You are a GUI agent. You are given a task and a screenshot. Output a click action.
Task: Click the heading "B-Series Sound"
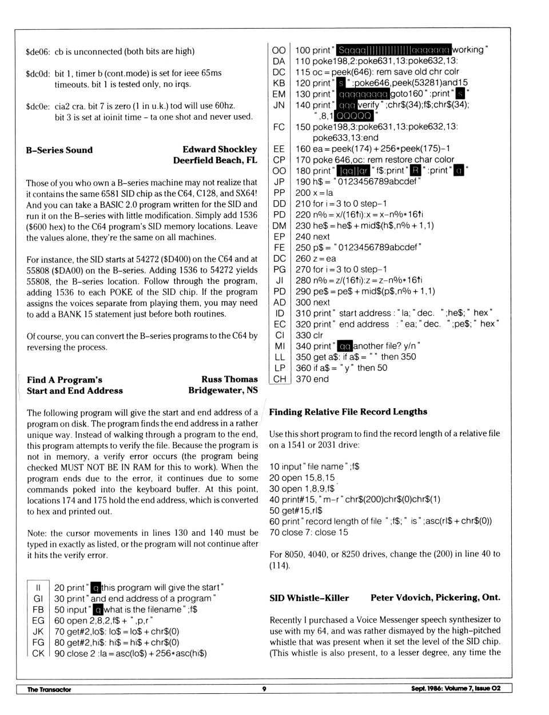[x=59, y=151]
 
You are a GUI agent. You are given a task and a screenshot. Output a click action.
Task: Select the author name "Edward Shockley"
[x=220, y=149]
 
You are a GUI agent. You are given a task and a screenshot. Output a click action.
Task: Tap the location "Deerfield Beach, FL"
[x=215, y=160]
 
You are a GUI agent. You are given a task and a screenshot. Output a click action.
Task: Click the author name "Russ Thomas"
[x=229, y=380]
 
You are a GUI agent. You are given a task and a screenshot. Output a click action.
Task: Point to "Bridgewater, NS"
[x=223, y=390]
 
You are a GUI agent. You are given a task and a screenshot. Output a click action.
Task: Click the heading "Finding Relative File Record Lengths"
[x=348, y=412]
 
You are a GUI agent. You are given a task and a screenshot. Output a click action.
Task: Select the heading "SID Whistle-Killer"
[x=309, y=598]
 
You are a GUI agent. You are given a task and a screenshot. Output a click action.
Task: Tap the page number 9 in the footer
[x=264, y=689]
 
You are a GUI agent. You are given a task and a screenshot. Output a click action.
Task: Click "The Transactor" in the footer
[x=49, y=689]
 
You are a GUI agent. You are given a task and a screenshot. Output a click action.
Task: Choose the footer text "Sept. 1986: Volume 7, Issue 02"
[x=455, y=689]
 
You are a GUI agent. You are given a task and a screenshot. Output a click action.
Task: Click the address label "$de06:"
[x=38, y=52]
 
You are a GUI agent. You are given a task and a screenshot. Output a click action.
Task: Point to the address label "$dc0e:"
[x=38, y=106]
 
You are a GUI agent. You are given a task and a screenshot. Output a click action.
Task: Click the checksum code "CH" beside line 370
[x=279, y=379]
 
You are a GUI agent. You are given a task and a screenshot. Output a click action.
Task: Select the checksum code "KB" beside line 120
[x=279, y=83]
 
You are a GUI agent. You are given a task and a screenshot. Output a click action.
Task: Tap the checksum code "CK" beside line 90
[x=38, y=653]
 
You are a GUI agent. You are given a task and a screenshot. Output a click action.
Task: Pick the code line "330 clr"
[x=309, y=335]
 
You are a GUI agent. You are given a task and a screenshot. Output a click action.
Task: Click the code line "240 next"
[x=312, y=236]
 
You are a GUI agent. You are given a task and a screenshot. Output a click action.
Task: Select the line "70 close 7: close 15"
[x=308, y=532]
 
